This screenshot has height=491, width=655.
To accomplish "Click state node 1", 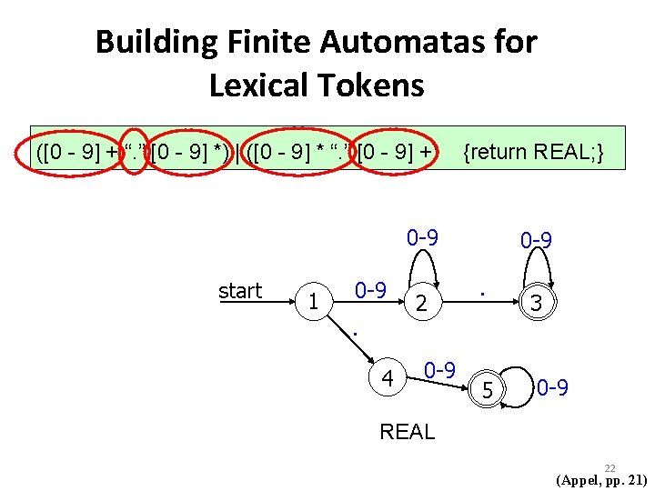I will coord(313,301).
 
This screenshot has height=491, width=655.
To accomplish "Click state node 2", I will coord(420,304).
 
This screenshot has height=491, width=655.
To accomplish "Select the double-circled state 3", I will coord(536,304).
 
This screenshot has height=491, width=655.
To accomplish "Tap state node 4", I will coord(388,377).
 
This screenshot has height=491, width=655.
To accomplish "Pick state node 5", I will coord(488,391).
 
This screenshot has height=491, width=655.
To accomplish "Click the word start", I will coord(240,291).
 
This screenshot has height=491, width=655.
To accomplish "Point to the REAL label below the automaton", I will coord(408,432).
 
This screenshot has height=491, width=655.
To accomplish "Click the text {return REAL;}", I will coord(533,151).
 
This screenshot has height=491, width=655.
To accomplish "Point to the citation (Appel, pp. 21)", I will coord(601,480).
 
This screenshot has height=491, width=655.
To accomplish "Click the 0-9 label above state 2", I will coord(423,238).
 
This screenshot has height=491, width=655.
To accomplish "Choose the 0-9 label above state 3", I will coord(537,241).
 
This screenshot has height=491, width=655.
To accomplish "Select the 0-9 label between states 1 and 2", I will coord(370,291).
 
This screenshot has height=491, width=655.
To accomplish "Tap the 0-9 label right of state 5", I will coord(552,389).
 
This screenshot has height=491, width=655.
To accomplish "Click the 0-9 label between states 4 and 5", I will coord(439,371).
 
